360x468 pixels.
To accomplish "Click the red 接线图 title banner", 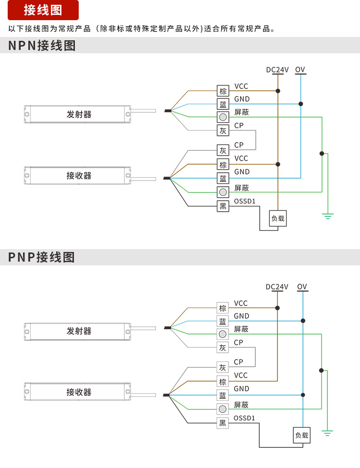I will (43, 10).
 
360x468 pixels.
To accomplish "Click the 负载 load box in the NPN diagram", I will (278, 219).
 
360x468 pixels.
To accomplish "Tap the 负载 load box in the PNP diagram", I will (302, 435).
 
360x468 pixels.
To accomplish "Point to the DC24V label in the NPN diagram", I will (277, 70).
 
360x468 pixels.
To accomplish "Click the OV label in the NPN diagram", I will (300, 70).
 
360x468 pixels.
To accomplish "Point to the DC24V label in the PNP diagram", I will (277, 287).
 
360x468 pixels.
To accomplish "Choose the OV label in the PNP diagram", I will (302, 287).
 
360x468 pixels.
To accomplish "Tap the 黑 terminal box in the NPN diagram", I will (223, 206).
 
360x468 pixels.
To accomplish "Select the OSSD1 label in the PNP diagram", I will (244, 418).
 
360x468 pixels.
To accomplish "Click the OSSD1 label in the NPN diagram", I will (245, 201).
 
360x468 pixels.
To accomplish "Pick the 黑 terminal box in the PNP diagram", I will (222, 423).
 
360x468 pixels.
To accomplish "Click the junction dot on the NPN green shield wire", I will (322, 154).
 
